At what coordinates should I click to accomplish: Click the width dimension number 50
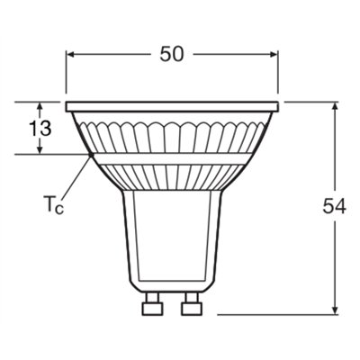172,53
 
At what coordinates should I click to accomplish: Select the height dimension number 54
334,207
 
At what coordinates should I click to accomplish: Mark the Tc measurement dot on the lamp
90,156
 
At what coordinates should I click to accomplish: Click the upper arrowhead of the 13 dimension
39,105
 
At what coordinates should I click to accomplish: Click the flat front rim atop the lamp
172,105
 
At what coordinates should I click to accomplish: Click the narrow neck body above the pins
172,243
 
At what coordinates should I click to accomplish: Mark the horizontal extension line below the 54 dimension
279,315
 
